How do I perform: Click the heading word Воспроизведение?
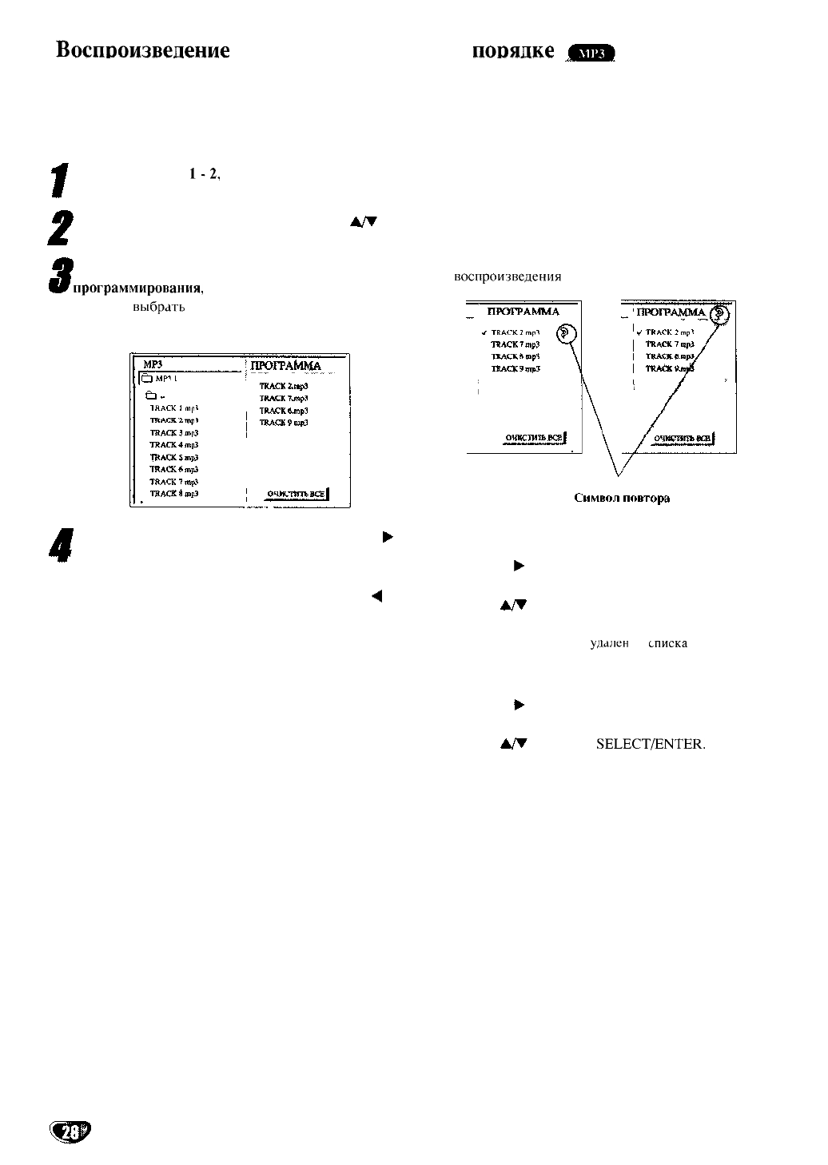pos(143,50)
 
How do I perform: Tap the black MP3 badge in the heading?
pos(591,54)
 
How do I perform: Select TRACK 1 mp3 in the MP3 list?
pos(173,408)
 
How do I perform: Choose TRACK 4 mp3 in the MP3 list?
pos(173,444)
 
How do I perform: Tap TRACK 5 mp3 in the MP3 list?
pos(173,457)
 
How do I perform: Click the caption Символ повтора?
pos(622,498)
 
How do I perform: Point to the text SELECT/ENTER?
pos(651,745)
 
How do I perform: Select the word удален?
pos(610,643)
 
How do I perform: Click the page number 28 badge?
pos(70,1131)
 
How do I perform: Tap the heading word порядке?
pos(514,50)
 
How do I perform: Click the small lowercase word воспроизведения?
pos(508,276)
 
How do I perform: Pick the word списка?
pos(668,643)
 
